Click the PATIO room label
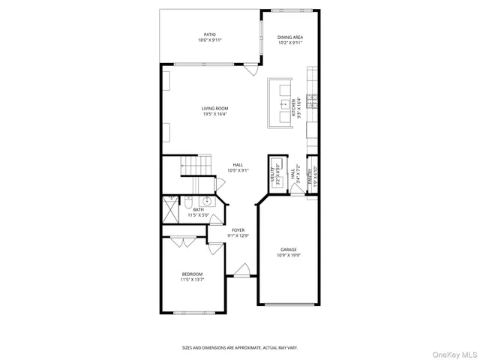[x=210, y=34]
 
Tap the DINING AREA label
[x=289, y=37]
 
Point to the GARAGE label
[x=289, y=250]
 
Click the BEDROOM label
[x=192, y=274]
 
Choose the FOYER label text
[x=238, y=230]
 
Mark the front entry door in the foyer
[x=241, y=269]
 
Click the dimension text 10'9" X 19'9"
[x=289, y=255]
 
